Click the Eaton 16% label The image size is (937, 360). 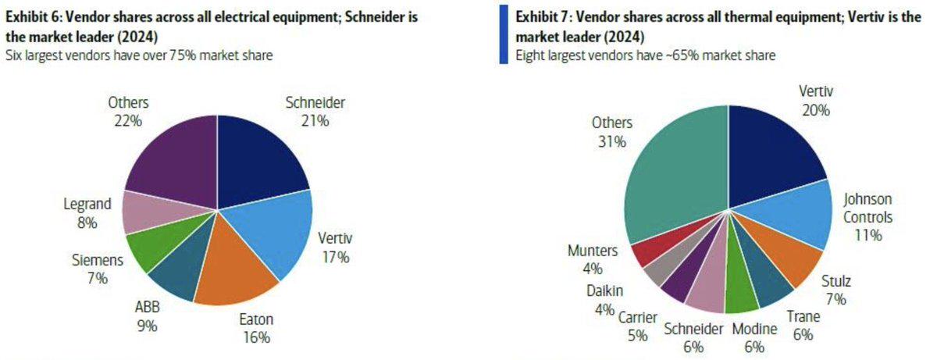[255, 328]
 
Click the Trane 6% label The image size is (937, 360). [802, 326]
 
